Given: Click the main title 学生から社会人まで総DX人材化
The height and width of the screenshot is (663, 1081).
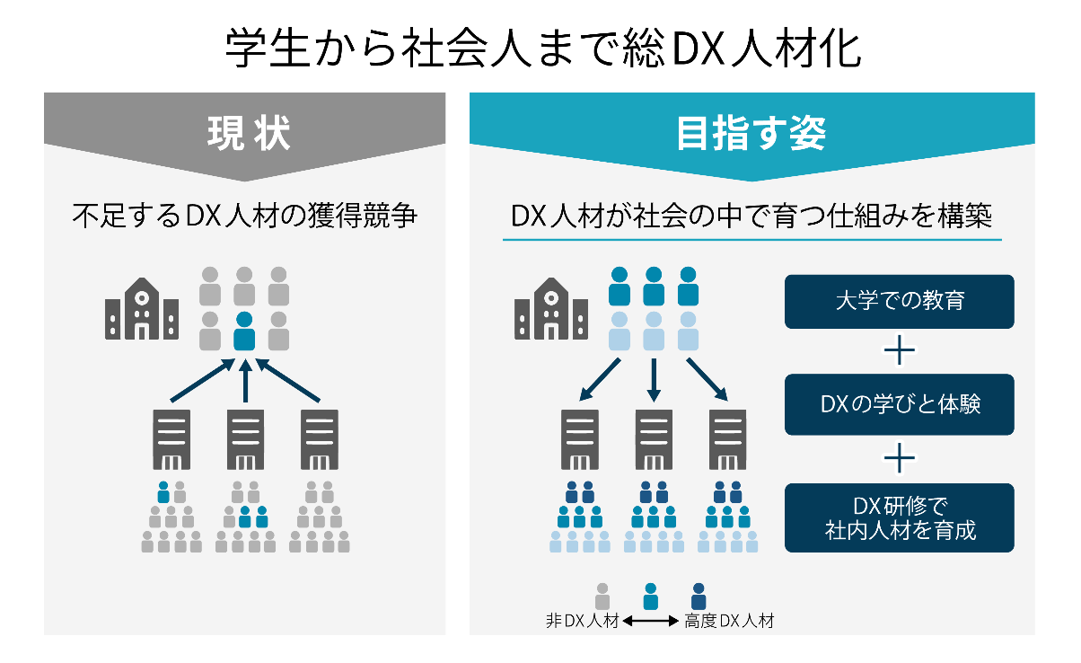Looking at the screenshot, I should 542,49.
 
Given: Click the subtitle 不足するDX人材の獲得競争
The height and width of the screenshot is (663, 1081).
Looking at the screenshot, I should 245,217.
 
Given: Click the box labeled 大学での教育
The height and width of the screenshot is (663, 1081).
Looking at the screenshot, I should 899,301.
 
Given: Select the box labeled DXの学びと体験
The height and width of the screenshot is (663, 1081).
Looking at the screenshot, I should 899,404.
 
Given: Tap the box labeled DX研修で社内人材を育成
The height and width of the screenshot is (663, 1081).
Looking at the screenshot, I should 899,517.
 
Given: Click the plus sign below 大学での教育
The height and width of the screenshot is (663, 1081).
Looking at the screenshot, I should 899,351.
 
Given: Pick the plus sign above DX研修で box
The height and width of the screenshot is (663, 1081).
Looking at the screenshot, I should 899,458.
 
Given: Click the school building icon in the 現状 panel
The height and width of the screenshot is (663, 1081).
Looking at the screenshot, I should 141,308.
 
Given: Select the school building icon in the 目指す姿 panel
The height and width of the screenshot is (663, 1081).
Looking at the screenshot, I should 550,308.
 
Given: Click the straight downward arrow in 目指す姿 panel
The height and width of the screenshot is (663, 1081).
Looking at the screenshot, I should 654,380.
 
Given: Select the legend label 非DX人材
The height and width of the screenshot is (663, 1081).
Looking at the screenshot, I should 582,621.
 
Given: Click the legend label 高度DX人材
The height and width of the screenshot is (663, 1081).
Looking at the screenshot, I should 728,621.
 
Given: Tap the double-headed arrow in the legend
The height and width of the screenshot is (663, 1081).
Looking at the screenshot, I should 651,621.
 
